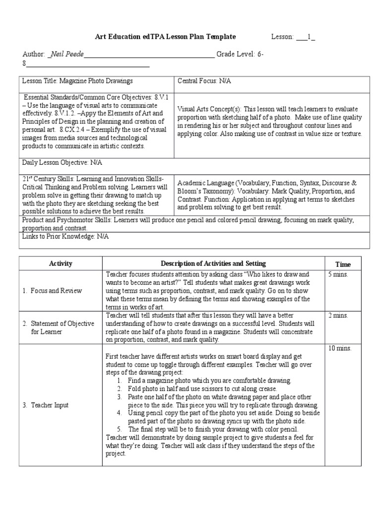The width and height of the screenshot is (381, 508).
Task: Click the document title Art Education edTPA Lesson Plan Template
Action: click(165, 37)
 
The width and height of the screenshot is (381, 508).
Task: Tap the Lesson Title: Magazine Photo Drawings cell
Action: click(76, 80)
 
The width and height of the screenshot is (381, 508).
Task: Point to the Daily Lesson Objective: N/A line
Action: click(62, 163)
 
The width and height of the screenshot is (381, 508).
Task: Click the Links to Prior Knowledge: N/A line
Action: click(65, 237)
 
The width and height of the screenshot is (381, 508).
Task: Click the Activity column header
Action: click(61, 264)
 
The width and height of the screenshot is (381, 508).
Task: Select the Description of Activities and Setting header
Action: click(213, 264)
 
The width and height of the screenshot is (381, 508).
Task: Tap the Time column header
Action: click(342, 265)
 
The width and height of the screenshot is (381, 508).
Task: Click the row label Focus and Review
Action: click(52, 291)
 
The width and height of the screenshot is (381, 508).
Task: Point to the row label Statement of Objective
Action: click(59, 323)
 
